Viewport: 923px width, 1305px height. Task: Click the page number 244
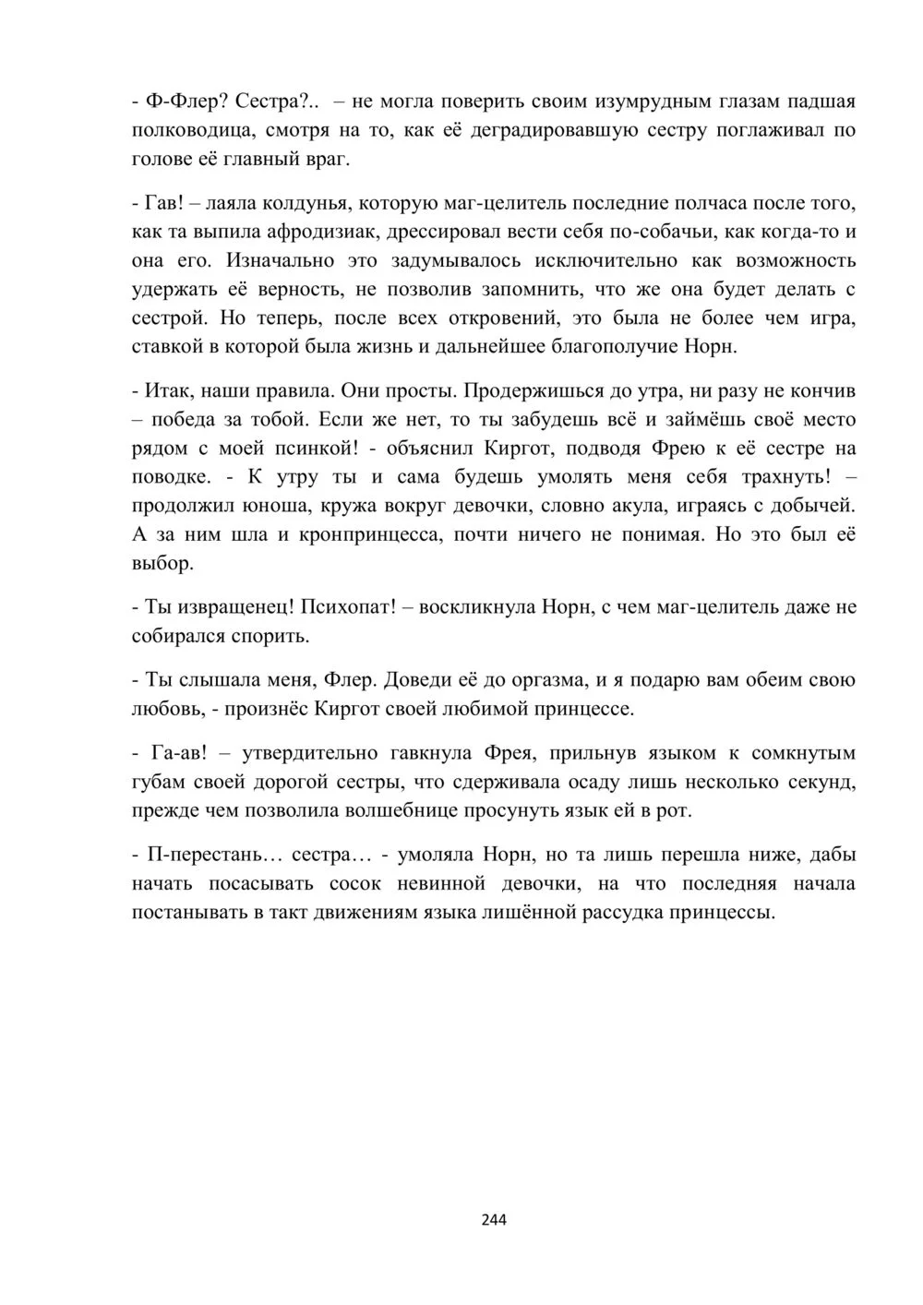pyautogui.click(x=494, y=1219)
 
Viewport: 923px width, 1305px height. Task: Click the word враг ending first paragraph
pyautogui.click(x=327, y=159)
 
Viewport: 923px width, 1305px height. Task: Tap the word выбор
pyautogui.click(x=162, y=564)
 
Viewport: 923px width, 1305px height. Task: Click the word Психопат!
pyautogui.click(x=348, y=607)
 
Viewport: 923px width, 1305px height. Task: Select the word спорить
pyautogui.click(x=274, y=637)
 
